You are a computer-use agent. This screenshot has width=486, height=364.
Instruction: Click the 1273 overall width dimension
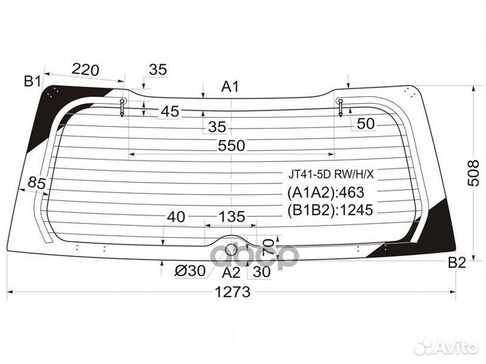(x=233, y=292)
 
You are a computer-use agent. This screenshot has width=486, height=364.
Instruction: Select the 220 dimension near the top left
(x=86, y=69)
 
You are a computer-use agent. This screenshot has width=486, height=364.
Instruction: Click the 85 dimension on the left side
(x=38, y=182)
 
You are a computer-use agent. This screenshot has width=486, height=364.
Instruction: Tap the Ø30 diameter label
(x=190, y=271)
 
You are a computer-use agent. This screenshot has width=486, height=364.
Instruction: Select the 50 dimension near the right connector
(x=364, y=123)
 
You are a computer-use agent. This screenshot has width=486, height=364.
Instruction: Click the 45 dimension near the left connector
(x=170, y=111)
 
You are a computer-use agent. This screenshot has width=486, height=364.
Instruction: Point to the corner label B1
(x=32, y=82)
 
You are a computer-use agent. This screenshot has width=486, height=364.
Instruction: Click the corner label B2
(x=457, y=263)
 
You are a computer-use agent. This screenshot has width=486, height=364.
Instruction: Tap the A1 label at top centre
(x=231, y=86)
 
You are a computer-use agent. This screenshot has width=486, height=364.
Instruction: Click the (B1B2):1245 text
(x=331, y=210)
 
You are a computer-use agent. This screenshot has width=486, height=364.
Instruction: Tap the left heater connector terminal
(x=122, y=106)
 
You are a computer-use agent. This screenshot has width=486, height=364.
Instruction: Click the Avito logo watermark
(x=447, y=346)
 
